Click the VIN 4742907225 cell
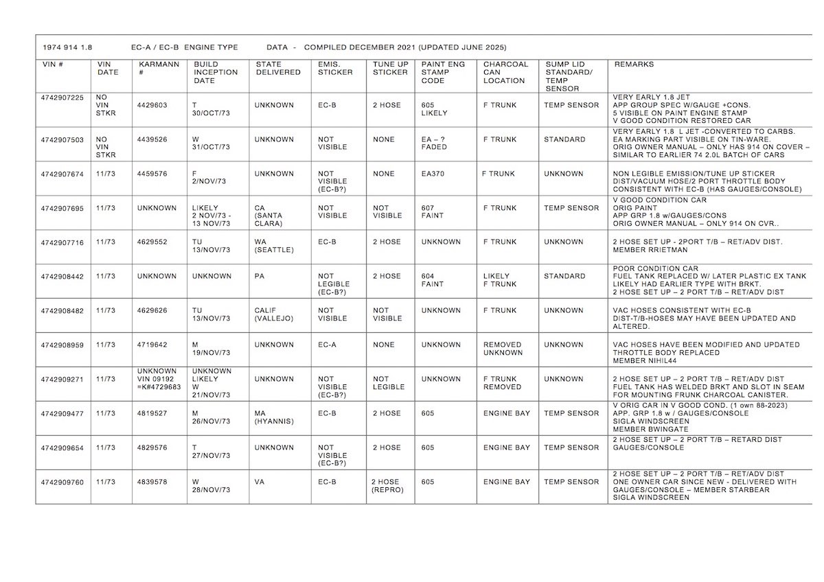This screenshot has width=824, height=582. [62, 97]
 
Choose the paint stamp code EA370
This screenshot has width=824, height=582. [433, 174]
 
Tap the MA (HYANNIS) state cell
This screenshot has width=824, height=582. [273, 417]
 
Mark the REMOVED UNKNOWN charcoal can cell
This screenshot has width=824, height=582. [502, 349]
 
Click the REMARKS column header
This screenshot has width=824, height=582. [634, 64]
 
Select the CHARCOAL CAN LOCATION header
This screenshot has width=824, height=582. [505, 72]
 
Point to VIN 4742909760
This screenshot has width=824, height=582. [62, 482]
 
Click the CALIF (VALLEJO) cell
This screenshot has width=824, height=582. [273, 314]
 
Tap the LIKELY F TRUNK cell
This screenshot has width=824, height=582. [500, 280]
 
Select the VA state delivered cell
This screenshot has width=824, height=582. [260, 482]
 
